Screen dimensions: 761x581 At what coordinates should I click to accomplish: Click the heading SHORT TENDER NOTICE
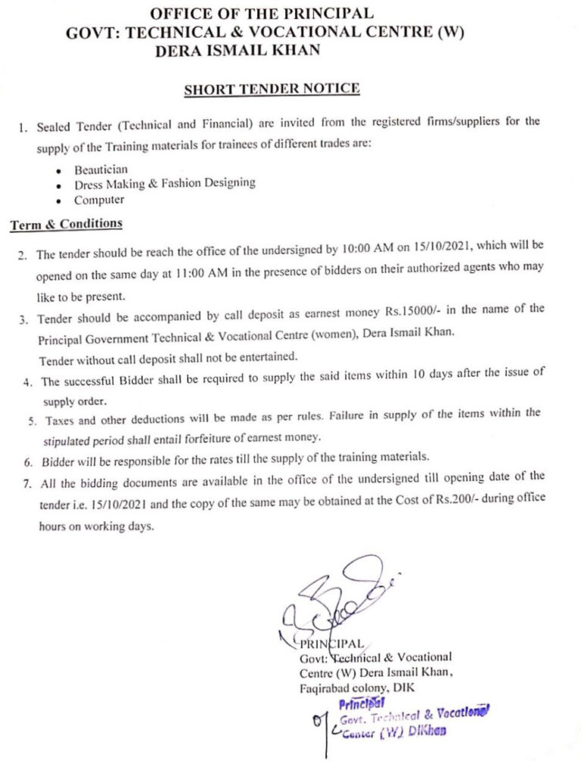[x=272, y=89]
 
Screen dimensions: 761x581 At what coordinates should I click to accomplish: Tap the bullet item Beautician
[x=101, y=169]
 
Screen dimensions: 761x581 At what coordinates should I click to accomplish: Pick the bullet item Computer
[x=98, y=200]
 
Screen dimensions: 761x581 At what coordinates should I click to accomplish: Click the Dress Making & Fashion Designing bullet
[x=164, y=184]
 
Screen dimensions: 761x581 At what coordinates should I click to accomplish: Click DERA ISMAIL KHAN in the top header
[x=236, y=49]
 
